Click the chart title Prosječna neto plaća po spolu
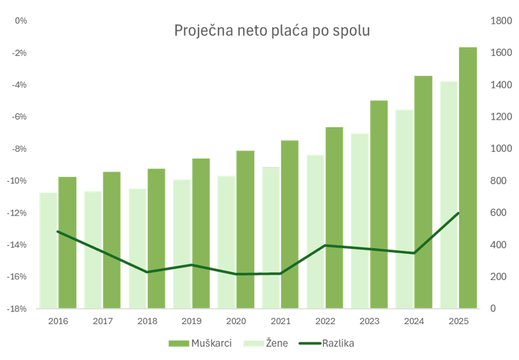(271, 30)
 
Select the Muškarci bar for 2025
(468, 177)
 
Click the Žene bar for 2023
(360, 220)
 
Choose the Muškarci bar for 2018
(156, 238)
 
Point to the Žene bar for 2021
(271, 237)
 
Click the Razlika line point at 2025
(459, 213)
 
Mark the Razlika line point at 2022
(325, 245)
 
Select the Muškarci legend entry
(200, 343)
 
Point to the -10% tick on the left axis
(19, 181)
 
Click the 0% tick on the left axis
(21, 21)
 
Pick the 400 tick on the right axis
(498, 245)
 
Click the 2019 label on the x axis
(192, 322)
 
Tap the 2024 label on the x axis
(414, 322)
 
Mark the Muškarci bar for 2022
(334, 217)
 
